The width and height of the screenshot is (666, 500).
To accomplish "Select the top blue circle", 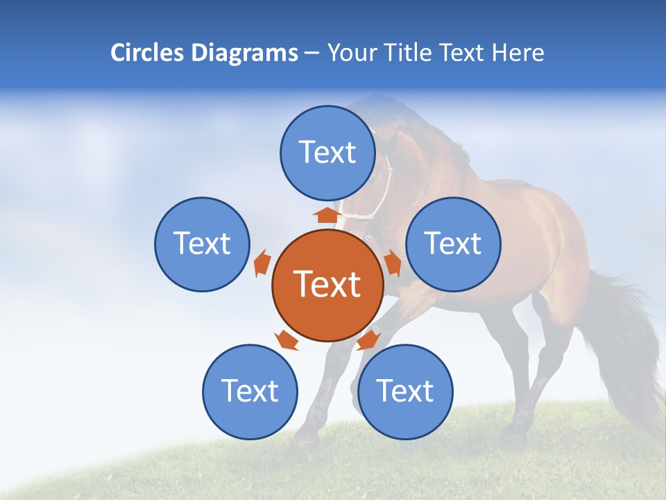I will [327, 153].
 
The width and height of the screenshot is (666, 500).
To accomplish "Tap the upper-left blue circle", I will [202, 244].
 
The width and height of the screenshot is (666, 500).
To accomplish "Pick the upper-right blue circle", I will [453, 244].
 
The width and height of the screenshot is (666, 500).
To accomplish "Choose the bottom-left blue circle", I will [250, 392].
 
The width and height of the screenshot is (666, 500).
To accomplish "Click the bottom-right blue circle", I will [405, 392].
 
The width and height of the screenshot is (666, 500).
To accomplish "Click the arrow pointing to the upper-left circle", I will [262, 263].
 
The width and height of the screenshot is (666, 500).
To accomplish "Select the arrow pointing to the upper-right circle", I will [393, 263].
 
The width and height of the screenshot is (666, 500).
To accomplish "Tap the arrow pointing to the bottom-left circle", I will [286, 340].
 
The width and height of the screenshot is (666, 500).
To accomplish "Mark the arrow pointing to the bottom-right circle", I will [368, 340].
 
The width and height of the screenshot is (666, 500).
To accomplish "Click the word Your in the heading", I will [352, 53].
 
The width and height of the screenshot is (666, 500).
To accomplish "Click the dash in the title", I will [311, 53].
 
